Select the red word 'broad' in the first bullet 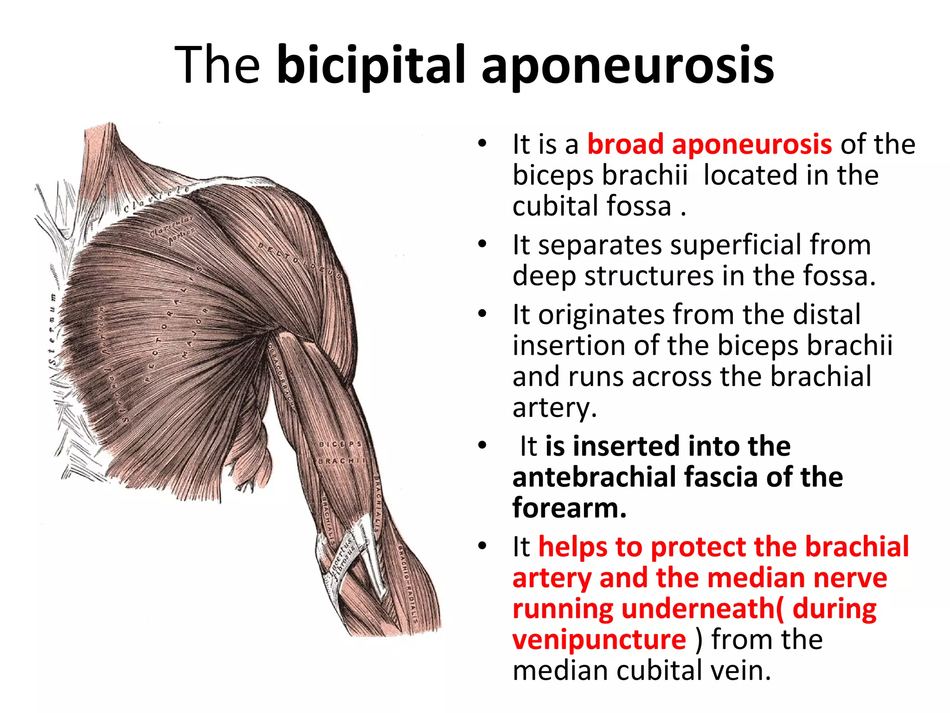[625, 144]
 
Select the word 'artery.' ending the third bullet [554, 408]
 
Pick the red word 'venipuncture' [599, 640]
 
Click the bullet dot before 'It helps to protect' [482, 546]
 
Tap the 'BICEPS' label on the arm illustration [340, 444]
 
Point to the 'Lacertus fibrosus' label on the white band [344, 560]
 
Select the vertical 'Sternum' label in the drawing [52, 329]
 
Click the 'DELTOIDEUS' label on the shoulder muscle [300, 260]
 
